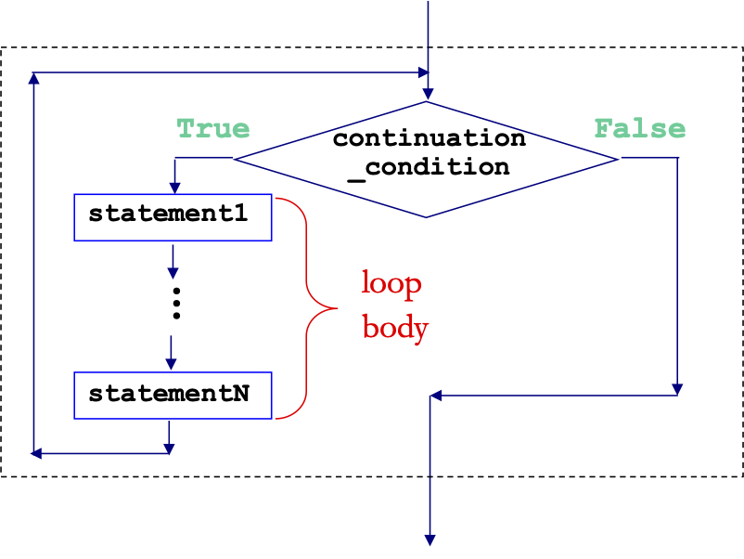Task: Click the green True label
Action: pos(213,129)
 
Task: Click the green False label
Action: pos(640,129)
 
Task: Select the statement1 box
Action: pos(173,217)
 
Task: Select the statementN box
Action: pos(173,396)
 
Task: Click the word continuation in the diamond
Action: pos(429,138)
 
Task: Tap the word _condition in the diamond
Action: pos(429,168)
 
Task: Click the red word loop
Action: pos(391,284)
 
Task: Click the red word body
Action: pos(395,329)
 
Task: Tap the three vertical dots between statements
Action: pos(176,304)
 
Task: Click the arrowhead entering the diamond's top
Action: pos(428,94)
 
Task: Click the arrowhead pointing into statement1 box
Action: pos(174,188)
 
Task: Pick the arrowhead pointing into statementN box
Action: pos(171,365)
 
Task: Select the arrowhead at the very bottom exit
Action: pos(430,540)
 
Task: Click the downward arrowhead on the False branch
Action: pos(677,389)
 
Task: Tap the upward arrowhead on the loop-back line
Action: pos(33,78)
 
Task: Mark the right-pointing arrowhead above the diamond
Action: pos(423,72)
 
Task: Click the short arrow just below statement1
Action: pos(173,262)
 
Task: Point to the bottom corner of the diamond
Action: pos(426,217)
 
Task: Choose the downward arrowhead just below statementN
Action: pos(169,448)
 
